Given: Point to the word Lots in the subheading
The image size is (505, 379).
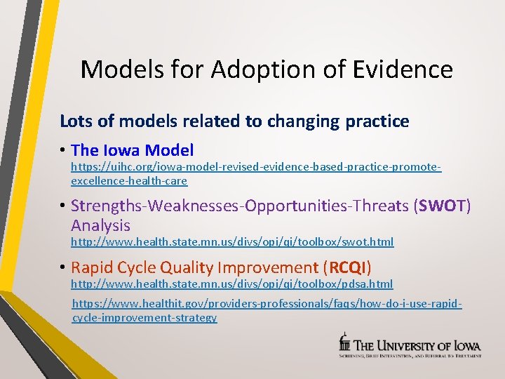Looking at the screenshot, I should click(75, 121).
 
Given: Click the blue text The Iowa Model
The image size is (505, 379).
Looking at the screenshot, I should click(132, 150).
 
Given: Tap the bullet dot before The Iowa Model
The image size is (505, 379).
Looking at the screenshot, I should click(63, 151).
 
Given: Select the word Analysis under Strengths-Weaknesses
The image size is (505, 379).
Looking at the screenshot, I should click(100, 225).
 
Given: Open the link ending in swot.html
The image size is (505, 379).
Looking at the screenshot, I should click(232, 242).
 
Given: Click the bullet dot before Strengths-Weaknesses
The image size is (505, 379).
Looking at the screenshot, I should click(63, 206).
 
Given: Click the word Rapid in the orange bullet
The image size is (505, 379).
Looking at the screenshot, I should click(93, 267).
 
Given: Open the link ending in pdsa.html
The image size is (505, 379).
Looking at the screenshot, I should click(231, 284).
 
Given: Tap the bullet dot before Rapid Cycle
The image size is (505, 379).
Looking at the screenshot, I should click(63, 268).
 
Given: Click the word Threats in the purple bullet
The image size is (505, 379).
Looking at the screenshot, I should click(376, 206).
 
